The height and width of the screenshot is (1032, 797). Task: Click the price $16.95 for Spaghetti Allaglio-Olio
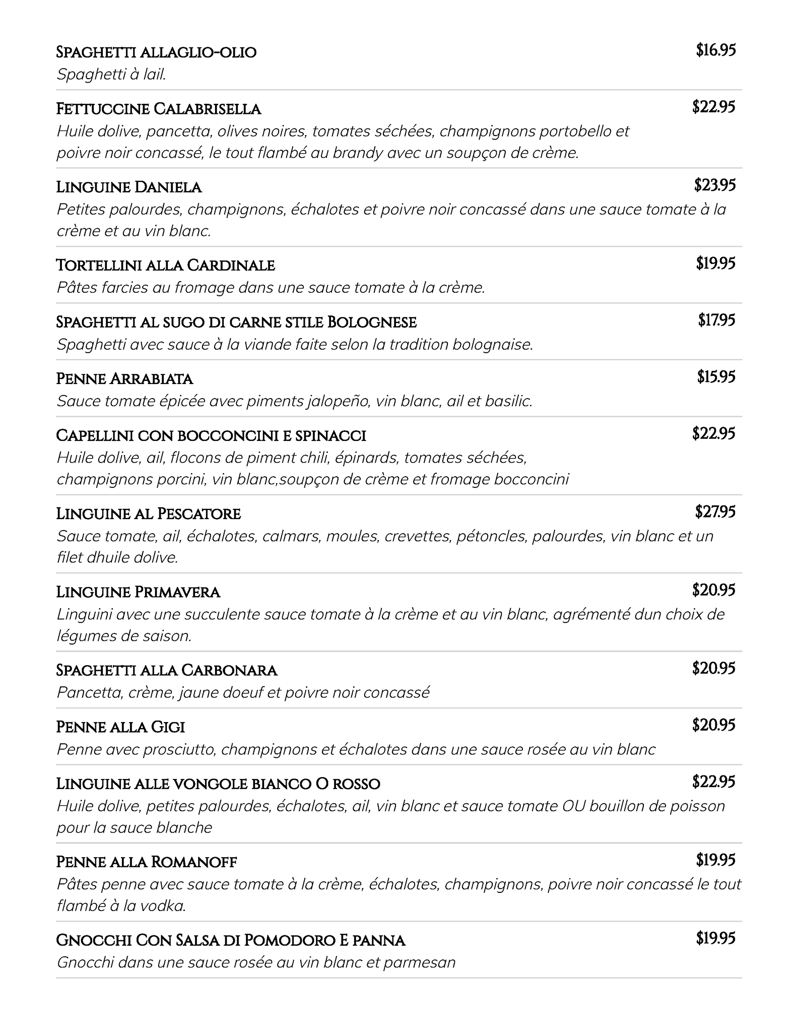pos(715,50)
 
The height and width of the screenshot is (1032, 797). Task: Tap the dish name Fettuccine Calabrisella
pos(159,109)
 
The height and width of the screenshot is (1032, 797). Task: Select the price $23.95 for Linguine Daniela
pos(714,185)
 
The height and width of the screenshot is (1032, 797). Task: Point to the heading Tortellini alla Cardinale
pos(165,265)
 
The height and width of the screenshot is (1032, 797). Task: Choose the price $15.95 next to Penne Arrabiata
pos(716,376)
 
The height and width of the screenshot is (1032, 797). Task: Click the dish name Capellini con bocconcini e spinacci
pos(211,435)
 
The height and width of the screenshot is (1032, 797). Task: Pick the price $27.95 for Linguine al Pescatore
pos(715,512)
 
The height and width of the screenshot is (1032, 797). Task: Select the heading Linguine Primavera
pos(138,592)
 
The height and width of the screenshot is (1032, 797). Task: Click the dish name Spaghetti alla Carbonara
pos(167,670)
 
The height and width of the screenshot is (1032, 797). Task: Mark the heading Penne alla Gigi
pos(120,727)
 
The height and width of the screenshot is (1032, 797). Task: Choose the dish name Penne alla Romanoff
pos(146,862)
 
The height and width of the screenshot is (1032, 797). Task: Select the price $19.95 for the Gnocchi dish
pos(715,938)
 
